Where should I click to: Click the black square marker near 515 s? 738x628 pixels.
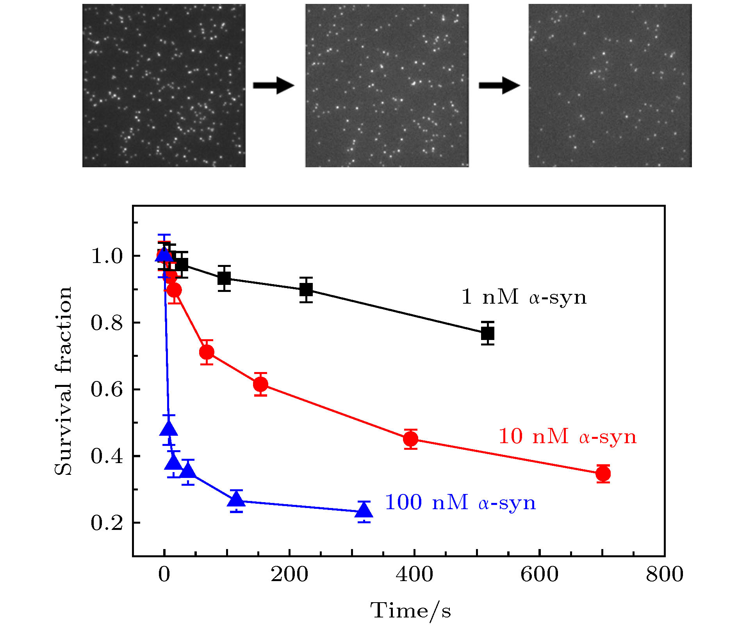[x=488, y=333]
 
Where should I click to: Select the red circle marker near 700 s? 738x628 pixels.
[x=603, y=474]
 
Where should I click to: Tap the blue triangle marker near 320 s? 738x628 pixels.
[x=364, y=510]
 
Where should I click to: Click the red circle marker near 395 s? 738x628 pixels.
[x=410, y=439]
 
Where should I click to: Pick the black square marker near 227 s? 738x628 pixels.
[x=306, y=290]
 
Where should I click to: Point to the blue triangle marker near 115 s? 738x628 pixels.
[x=236, y=499]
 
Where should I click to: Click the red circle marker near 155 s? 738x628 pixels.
[x=260, y=385]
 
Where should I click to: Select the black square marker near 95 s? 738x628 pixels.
[x=224, y=278]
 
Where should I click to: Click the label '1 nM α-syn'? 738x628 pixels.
[x=524, y=297]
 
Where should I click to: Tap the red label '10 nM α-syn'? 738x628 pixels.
[x=567, y=436]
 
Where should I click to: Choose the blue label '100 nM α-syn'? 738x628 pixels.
[x=460, y=503]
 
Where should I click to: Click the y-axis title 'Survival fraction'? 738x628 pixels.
[x=63, y=381]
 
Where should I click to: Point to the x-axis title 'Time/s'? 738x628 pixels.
[x=410, y=611]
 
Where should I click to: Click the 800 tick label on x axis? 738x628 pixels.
[x=664, y=574]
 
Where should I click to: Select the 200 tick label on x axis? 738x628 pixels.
[x=289, y=574]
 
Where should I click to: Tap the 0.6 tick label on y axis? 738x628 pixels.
[x=107, y=389]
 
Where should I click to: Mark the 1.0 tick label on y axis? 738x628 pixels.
[x=107, y=256]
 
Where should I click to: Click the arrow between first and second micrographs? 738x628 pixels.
[x=273, y=85]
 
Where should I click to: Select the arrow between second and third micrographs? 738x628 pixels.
[x=499, y=85]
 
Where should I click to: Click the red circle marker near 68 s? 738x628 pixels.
[x=207, y=352]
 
